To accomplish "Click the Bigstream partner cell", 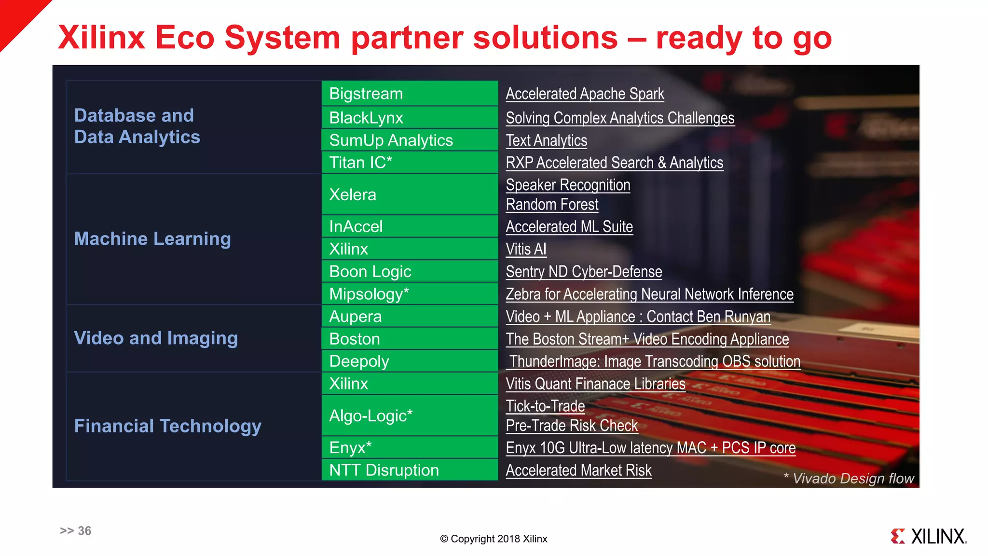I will click(x=410, y=94).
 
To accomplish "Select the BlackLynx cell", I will click(x=410, y=118).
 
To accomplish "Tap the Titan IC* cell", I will click(x=410, y=163).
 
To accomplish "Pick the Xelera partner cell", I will click(x=410, y=195).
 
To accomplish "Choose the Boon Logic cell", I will click(x=410, y=272).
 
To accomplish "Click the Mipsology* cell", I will click(x=410, y=294).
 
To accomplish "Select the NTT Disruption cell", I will click(x=410, y=470).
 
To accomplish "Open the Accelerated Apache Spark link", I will click(x=585, y=94).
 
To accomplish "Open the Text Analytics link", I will click(x=546, y=140).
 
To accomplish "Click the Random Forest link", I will click(x=552, y=205).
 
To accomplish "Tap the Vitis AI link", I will click(x=526, y=249).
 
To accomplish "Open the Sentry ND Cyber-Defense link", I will click(x=584, y=272).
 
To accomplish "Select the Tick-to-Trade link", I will click(x=545, y=406).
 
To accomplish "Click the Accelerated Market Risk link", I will click(x=578, y=470).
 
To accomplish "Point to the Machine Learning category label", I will click(x=152, y=239).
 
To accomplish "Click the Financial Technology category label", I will click(x=167, y=426).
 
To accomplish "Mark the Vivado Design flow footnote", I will click(x=849, y=478).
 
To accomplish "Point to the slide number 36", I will click(x=76, y=531).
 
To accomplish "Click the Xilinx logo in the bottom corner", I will click(x=929, y=536).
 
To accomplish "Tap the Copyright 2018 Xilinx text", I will click(x=494, y=539).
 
